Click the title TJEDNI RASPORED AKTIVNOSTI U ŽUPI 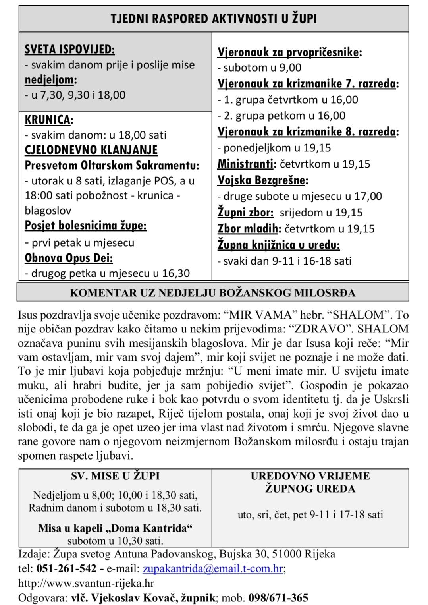214,19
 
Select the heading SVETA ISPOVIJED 69,49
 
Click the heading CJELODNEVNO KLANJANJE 91,150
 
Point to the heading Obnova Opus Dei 69,258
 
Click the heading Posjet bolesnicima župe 85,226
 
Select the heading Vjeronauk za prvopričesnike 289,52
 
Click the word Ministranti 246,164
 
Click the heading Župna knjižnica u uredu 278,245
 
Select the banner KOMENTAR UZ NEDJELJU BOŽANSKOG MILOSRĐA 212,293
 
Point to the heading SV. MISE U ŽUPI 115,476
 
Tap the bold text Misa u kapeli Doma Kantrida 115,528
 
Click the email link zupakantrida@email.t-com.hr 212,569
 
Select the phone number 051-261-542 66,569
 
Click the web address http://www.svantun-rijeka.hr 86,583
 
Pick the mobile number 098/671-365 278,597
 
